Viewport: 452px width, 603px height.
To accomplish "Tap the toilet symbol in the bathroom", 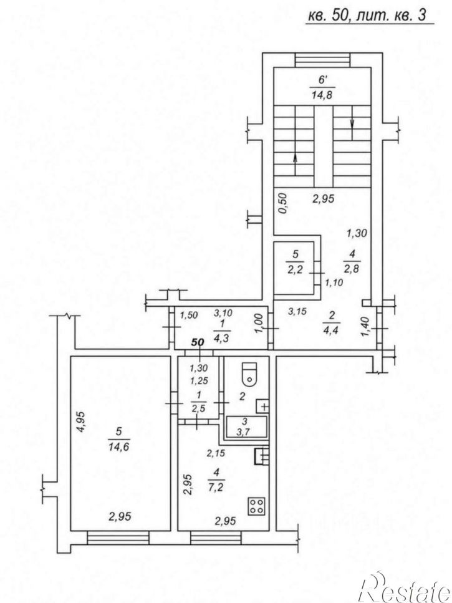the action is pos(250,374).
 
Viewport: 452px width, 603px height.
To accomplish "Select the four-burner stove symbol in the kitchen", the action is pos(256,506).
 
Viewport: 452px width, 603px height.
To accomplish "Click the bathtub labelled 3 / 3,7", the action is pos(246,427).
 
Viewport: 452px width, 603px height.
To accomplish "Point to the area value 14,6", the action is pos(118,447).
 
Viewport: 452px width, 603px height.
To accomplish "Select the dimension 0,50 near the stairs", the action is pos(283,203).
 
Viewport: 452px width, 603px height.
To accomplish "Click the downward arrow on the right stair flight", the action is pos(352,123).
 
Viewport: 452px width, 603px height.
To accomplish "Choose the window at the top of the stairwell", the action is pos(322,60).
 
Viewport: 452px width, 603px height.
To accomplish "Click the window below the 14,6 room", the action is pos(118,538).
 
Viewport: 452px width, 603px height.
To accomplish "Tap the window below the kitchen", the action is pos(216,538).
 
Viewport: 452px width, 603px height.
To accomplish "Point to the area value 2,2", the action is pos(295,269).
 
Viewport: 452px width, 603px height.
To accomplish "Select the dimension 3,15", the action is pos(297,312).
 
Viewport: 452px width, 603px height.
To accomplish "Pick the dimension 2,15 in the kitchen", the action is pos(216,453).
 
